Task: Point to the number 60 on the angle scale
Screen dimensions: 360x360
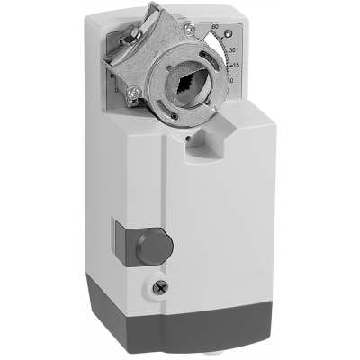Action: (x=215, y=28)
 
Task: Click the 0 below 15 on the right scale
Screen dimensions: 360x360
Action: (x=232, y=80)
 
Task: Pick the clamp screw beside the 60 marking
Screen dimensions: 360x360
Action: (x=188, y=28)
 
